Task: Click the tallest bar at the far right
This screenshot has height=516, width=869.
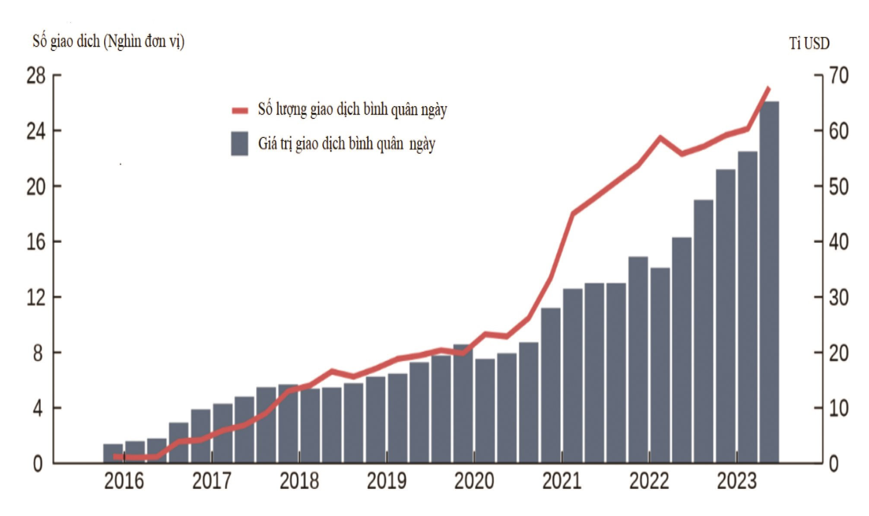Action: click(769, 282)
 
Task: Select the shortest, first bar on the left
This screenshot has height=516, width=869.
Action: click(113, 453)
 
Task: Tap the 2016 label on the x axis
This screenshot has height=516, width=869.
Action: click(124, 481)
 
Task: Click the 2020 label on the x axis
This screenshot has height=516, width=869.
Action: click(474, 481)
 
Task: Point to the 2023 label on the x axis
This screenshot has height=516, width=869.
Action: click(737, 481)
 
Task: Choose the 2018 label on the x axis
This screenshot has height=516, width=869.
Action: click(299, 481)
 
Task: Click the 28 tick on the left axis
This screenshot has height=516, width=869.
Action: click(36, 76)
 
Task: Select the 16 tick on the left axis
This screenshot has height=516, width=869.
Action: click(36, 242)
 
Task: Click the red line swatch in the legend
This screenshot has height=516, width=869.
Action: click(240, 111)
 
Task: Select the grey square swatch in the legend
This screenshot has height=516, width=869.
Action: click(240, 143)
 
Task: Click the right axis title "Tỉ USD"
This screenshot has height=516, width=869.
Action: click(809, 43)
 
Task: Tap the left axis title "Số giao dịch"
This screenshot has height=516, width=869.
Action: click(66, 41)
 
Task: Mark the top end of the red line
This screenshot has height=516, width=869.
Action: click(768, 88)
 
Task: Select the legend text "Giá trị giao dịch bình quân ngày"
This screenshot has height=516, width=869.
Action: click(346, 144)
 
